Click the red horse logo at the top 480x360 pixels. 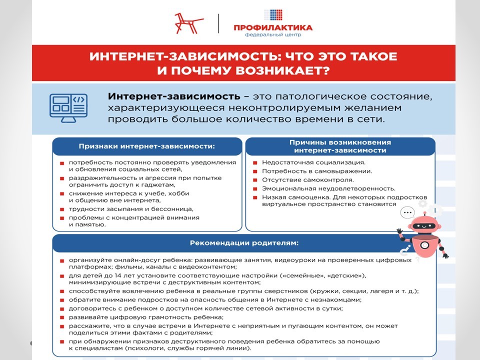pos(188,23)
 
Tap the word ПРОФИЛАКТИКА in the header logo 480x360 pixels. pos(272,27)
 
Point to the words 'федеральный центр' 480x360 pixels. pos(272,35)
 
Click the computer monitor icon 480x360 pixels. pos(68,107)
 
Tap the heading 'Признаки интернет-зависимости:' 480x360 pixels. pos(146,146)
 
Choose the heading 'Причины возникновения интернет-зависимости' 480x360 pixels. pos(340,146)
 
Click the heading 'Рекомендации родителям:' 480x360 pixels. pos(244,243)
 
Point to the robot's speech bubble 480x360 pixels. pos(408,212)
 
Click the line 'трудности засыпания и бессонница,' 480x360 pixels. pos(131,208)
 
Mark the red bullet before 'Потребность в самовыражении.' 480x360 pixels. pos(255,171)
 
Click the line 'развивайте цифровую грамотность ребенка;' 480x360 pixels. pos(146,317)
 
